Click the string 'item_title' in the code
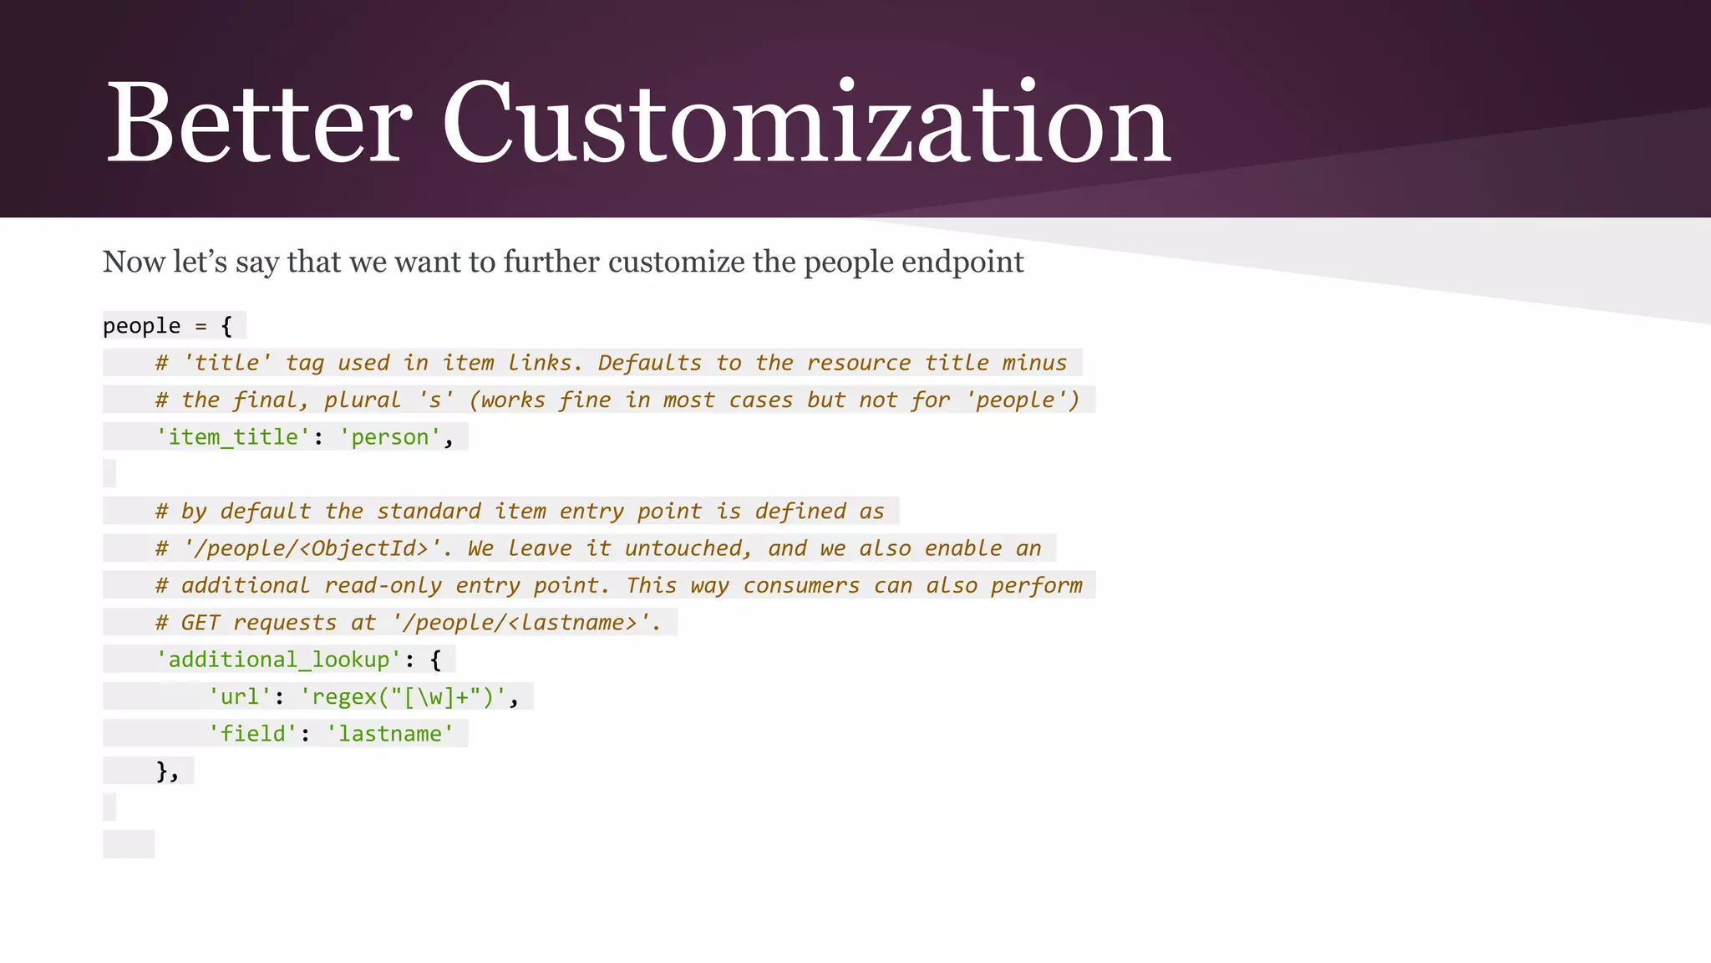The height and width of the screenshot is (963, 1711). click(232, 437)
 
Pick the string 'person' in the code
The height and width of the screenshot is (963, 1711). click(389, 437)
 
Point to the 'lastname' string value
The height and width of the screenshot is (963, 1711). click(390, 734)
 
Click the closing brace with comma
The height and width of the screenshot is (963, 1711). click(167, 771)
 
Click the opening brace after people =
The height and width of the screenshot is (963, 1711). click(226, 326)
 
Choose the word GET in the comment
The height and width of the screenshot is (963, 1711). click(201, 623)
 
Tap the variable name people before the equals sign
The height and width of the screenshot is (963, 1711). click(141, 326)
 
